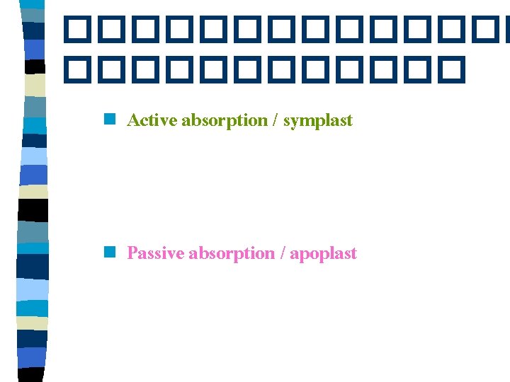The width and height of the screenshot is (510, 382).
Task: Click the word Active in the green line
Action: tap(152, 120)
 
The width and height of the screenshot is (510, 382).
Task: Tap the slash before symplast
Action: tap(274, 120)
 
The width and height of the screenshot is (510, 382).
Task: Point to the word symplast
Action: tap(317, 120)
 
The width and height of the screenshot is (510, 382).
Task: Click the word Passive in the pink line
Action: tap(155, 253)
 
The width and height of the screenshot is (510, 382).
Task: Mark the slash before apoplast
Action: tap(283, 253)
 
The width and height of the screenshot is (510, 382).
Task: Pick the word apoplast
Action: tap(323, 253)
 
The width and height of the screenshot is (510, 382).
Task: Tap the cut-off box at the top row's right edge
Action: tap(504, 29)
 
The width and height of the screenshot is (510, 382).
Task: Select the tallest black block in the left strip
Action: tap(33, 210)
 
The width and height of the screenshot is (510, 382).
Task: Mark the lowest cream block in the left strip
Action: tap(33, 323)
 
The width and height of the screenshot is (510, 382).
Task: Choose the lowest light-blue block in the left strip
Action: tap(33, 289)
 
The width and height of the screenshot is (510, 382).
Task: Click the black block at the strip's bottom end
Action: tap(33, 375)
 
